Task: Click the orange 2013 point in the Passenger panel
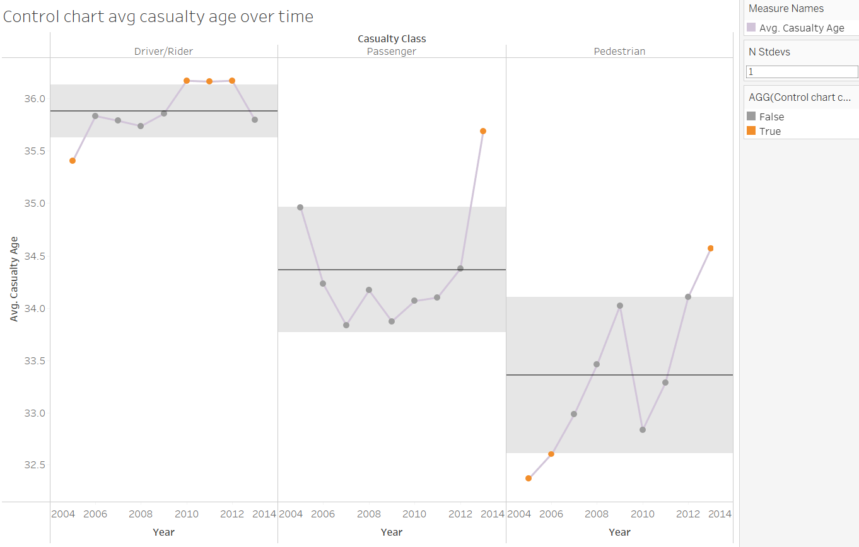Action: pyautogui.click(x=483, y=131)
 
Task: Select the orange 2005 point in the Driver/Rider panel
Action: pyautogui.click(x=73, y=161)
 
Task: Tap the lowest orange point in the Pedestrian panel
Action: pyautogui.click(x=529, y=478)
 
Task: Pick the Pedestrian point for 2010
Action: pyautogui.click(x=643, y=430)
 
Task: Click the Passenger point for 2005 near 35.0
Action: pyautogui.click(x=300, y=207)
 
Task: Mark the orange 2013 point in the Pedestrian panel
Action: pyautogui.click(x=711, y=248)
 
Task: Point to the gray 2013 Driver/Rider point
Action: pyautogui.click(x=255, y=120)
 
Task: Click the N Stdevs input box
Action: pyautogui.click(x=802, y=72)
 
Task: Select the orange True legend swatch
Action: pyautogui.click(x=751, y=131)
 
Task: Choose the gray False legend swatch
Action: pyautogui.click(x=751, y=117)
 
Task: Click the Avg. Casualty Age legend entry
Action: pyautogui.click(x=802, y=28)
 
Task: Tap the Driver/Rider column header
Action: pyautogui.click(x=163, y=52)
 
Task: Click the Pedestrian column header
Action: pyautogui.click(x=619, y=52)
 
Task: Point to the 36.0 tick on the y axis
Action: pyautogui.click(x=36, y=99)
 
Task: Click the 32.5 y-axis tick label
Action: pyautogui.click(x=36, y=466)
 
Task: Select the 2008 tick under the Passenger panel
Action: pyautogui.click(x=369, y=514)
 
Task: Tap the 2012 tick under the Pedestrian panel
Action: pyautogui.click(x=688, y=514)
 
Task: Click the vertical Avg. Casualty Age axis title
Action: pyautogui.click(x=14, y=279)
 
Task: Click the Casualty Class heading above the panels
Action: pyautogui.click(x=392, y=39)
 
